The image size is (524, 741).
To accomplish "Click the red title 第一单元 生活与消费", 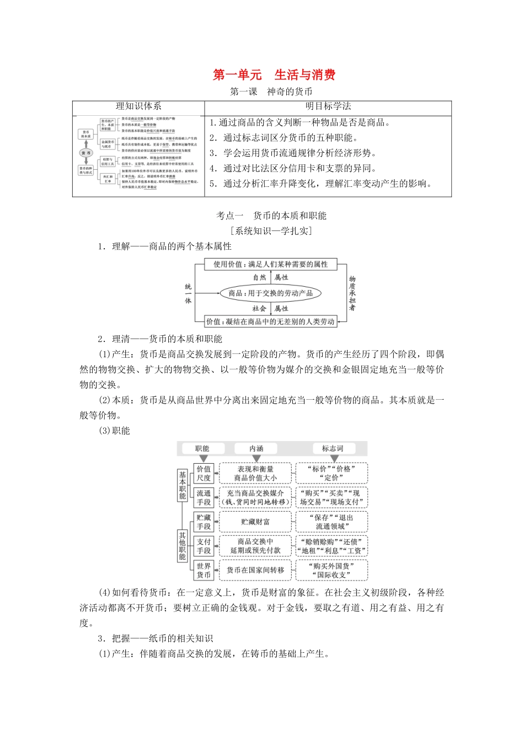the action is point(274,75).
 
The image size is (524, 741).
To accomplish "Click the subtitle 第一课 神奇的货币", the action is point(271,92).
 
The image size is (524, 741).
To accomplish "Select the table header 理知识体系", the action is point(138,107).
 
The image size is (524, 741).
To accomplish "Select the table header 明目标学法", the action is point(328,107).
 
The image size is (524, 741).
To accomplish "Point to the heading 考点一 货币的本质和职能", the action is point(271,216).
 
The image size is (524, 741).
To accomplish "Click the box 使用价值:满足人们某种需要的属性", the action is point(270,264).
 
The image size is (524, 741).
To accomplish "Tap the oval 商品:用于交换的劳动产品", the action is point(270,293).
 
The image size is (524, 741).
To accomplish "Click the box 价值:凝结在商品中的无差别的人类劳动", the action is point(270,321).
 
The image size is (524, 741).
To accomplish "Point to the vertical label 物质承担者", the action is point(352,293).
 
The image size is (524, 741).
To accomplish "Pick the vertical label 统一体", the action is point(188,293).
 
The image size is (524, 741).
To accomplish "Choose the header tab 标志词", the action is point(333,449).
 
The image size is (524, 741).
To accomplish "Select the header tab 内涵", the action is point(256,449).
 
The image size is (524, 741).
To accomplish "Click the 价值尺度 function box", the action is point(204,474).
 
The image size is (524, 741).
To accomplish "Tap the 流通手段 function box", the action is point(204,498).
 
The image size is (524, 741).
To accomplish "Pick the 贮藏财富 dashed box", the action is point(255,522).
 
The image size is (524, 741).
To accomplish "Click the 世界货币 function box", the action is point(204,571).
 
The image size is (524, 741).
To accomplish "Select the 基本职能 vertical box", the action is point(182,485).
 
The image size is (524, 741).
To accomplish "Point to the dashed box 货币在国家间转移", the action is point(255,571).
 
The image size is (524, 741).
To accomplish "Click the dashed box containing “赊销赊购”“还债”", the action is point(331,546).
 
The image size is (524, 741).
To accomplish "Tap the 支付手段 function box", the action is point(204,546).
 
